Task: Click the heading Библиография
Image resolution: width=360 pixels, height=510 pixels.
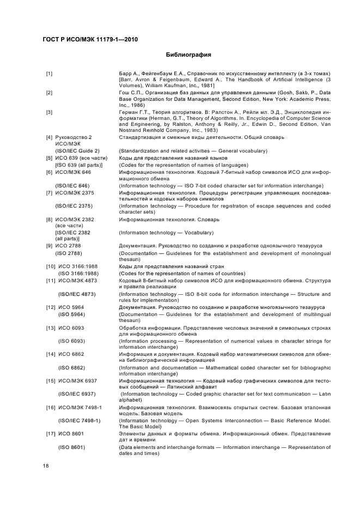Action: (188, 55)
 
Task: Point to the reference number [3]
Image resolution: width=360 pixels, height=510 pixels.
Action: (49, 112)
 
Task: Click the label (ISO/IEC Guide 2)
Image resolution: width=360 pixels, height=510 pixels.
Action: (77, 150)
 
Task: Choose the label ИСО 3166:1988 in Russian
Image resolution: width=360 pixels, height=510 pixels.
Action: (78, 266)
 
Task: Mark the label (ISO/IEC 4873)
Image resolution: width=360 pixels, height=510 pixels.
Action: (77, 294)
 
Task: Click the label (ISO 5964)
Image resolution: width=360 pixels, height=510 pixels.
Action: (71, 314)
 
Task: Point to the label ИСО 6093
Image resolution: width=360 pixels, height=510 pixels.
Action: (70, 328)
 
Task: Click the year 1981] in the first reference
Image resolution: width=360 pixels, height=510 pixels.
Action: (205, 86)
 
